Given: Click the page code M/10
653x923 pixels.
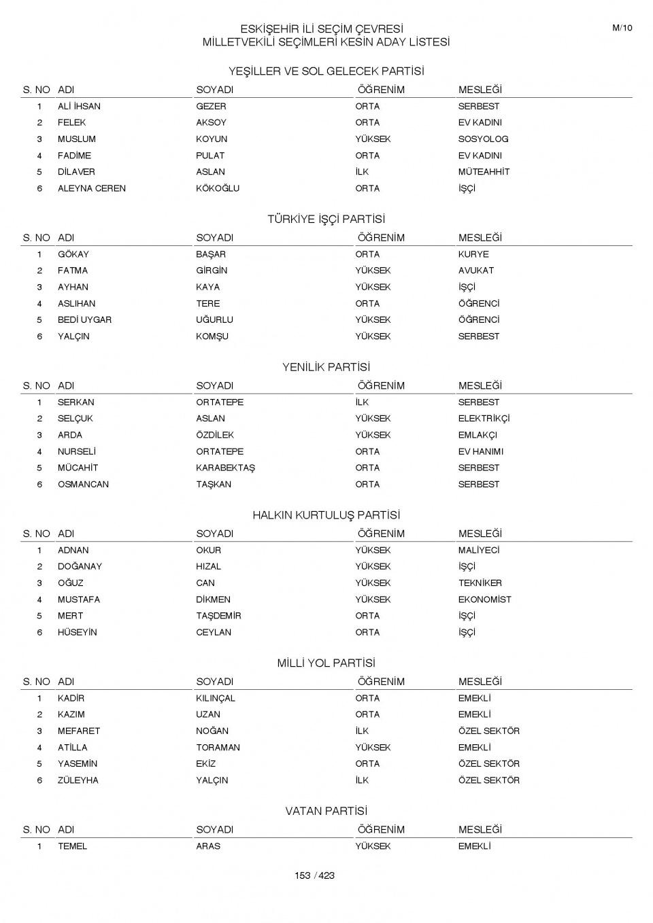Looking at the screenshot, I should tap(622, 28).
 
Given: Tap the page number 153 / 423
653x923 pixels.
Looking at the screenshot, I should tap(314, 875).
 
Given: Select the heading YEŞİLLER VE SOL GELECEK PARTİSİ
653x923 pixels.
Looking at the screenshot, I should tap(326, 71).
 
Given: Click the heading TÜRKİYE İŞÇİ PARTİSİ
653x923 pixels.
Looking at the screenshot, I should tap(326, 220).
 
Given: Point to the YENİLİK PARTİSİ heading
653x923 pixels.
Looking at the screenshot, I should tap(326, 368).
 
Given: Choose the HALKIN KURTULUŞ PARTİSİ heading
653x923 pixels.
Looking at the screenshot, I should tap(326, 515).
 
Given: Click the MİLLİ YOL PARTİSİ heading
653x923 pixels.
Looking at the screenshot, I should tap(326, 663).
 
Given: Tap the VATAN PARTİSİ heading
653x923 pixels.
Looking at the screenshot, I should tap(326, 812).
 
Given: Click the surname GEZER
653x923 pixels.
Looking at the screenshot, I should tap(211, 107).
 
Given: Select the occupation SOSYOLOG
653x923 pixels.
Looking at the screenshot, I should tap(483, 139).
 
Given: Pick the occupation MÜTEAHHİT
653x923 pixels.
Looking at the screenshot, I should tap(484, 172).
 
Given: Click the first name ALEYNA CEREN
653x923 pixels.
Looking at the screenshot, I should tap(92, 188).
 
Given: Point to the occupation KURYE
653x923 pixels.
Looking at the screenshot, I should tap(473, 254).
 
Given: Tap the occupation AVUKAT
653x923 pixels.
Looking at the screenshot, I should tap(476, 271).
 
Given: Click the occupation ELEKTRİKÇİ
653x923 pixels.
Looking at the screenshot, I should tap(484, 419).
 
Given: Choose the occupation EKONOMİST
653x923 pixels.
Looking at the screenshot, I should tap(484, 599).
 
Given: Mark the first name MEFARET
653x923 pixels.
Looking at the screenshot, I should tap(79, 731).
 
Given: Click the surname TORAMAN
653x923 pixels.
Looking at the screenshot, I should tap(218, 748).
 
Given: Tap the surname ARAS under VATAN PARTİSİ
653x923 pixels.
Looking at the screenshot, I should tap(208, 846).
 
